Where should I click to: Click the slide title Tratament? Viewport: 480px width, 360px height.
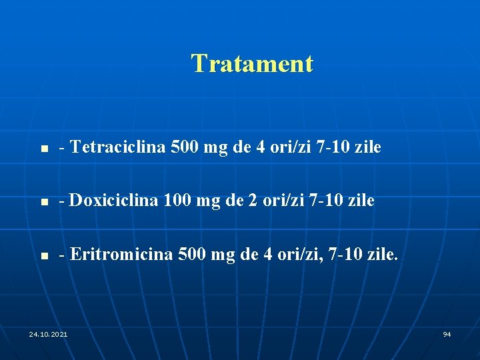coord(251,64)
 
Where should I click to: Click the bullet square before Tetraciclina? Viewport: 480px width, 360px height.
coord(41,149)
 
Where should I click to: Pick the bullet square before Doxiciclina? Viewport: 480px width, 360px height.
coord(41,202)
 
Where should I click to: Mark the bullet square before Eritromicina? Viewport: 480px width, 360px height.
coord(41,255)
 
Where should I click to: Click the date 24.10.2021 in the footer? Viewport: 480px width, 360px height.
coord(48,333)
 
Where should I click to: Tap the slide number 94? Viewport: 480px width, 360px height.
coord(447,333)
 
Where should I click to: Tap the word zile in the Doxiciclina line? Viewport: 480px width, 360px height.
coord(361,200)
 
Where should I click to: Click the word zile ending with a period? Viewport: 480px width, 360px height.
coord(384,254)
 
